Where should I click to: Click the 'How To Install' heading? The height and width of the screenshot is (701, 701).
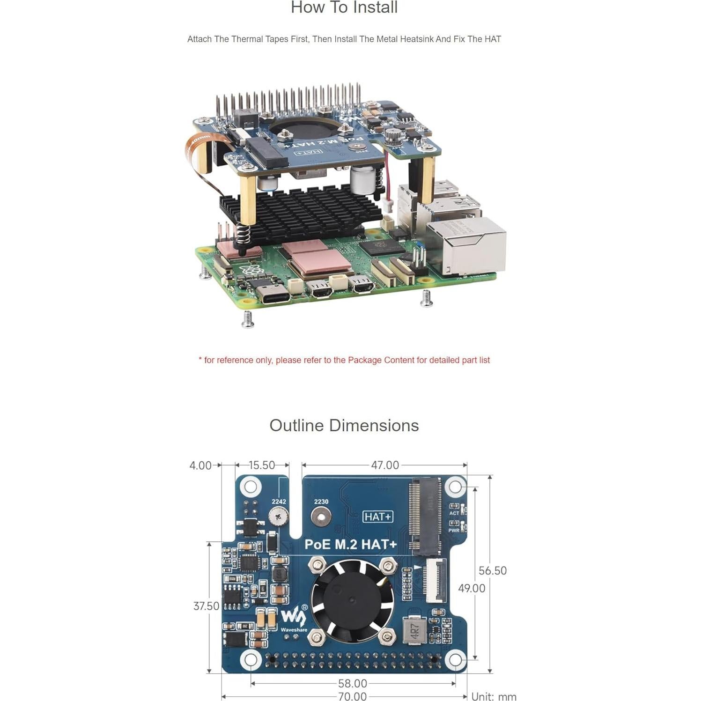[x=344, y=7]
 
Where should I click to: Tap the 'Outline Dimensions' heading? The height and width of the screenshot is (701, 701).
[x=344, y=425]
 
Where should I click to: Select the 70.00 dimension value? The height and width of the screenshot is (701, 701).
[x=352, y=696]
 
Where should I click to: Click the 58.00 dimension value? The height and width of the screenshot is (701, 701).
[x=352, y=683]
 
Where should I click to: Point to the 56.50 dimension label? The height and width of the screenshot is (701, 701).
[x=493, y=570]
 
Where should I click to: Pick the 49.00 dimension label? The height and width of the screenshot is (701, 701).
[x=472, y=588]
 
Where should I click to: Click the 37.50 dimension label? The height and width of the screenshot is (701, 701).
[x=206, y=606]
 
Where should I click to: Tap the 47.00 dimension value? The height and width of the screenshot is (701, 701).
[x=385, y=465]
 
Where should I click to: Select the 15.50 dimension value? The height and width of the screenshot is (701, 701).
[x=262, y=465]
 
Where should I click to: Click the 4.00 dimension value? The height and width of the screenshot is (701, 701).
[x=200, y=465]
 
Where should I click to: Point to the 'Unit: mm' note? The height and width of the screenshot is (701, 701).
[x=494, y=696]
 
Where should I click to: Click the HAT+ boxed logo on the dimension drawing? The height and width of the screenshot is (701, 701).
[x=378, y=517]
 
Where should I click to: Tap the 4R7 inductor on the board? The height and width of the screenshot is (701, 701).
[x=414, y=630]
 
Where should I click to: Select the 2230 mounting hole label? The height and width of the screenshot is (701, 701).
[x=321, y=502]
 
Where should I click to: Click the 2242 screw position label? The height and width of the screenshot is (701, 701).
[x=279, y=502]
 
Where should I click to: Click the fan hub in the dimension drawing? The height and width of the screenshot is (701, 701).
[x=352, y=600]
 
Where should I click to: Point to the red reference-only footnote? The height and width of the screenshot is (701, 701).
[x=344, y=360]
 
